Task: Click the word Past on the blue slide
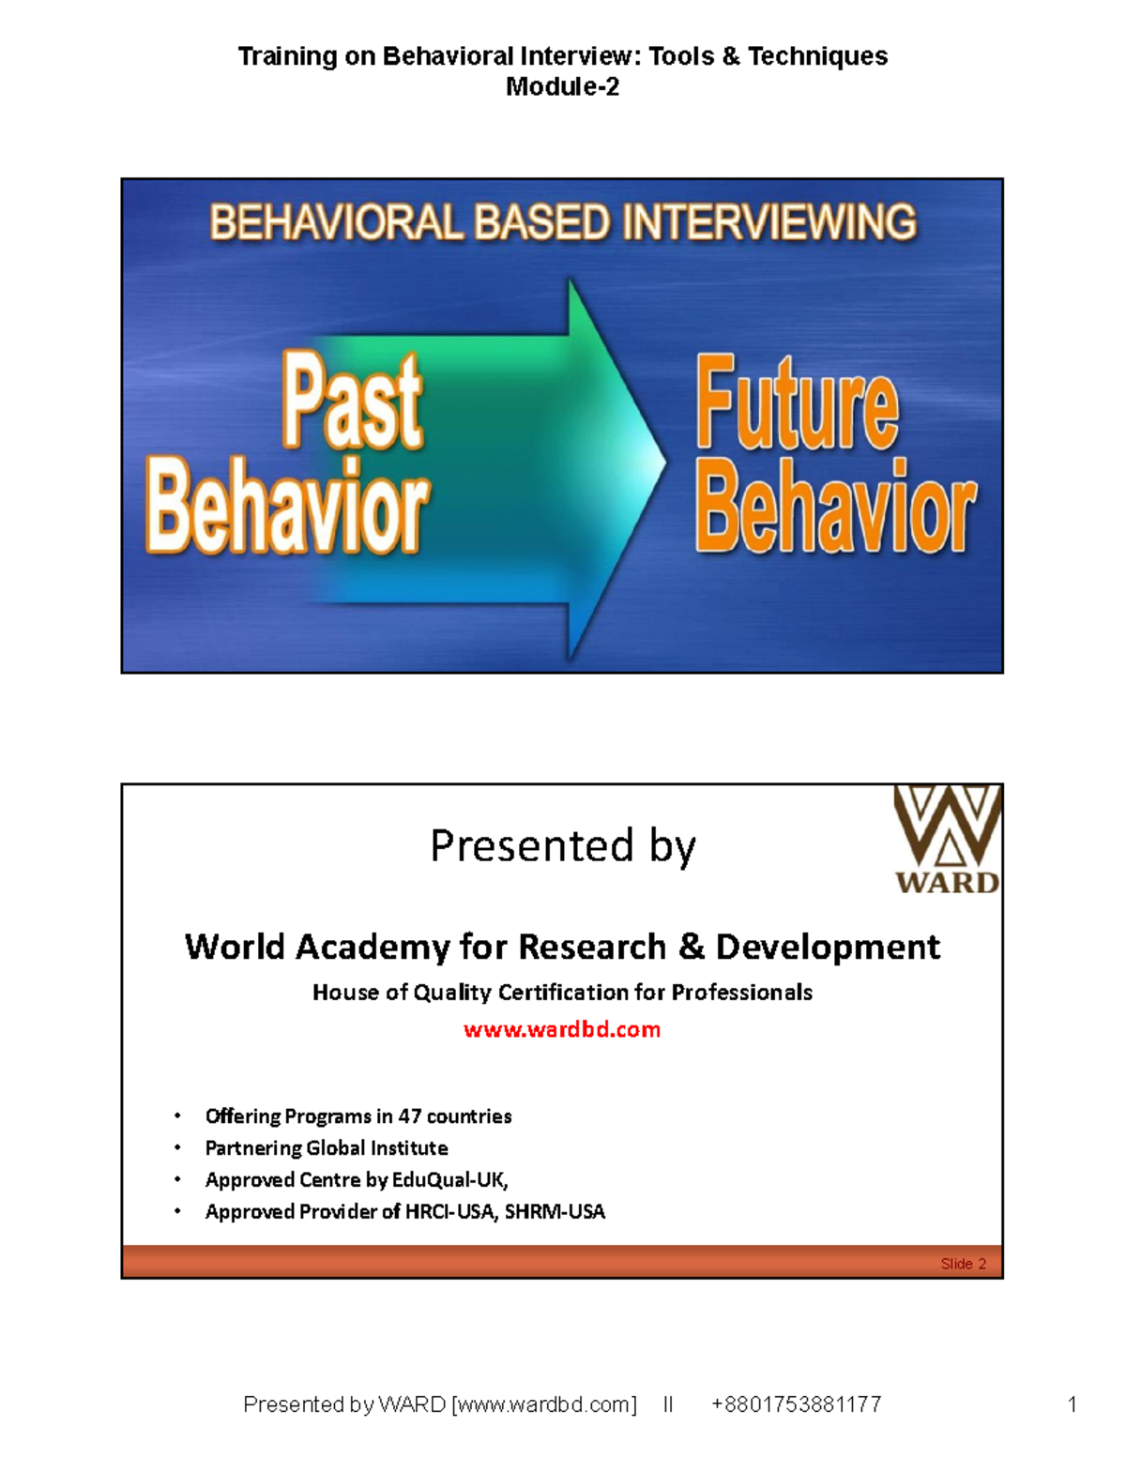(x=353, y=402)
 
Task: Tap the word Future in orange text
(x=798, y=404)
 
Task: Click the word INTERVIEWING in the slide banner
(x=769, y=223)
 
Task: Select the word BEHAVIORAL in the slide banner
(x=336, y=223)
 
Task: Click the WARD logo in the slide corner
(x=947, y=840)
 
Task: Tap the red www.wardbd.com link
(x=562, y=1029)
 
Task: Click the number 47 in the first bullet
(x=409, y=1116)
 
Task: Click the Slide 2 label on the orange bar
(x=963, y=1264)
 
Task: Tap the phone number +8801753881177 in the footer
(x=796, y=1404)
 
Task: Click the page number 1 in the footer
(x=1072, y=1404)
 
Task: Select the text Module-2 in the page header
(x=562, y=87)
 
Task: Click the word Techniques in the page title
(x=817, y=56)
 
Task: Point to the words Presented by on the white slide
(x=562, y=846)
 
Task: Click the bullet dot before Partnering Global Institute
(x=177, y=1148)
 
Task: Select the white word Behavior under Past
(x=287, y=507)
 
